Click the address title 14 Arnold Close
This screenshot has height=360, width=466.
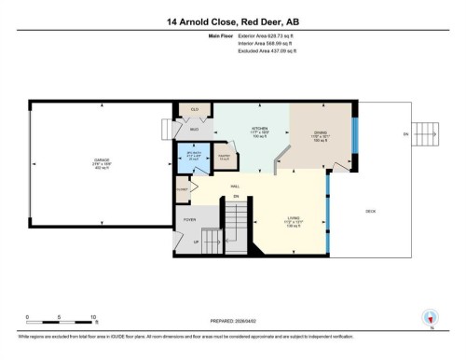[232, 21]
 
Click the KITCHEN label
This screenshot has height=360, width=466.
[260, 129]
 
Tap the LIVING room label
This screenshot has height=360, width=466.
[292, 222]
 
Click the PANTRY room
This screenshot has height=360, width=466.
[223, 158]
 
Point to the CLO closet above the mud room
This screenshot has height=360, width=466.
[195, 110]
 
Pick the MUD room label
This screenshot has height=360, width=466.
[195, 130]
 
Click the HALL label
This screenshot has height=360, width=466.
[236, 187]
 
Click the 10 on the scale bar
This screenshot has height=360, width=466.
[94, 317]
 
